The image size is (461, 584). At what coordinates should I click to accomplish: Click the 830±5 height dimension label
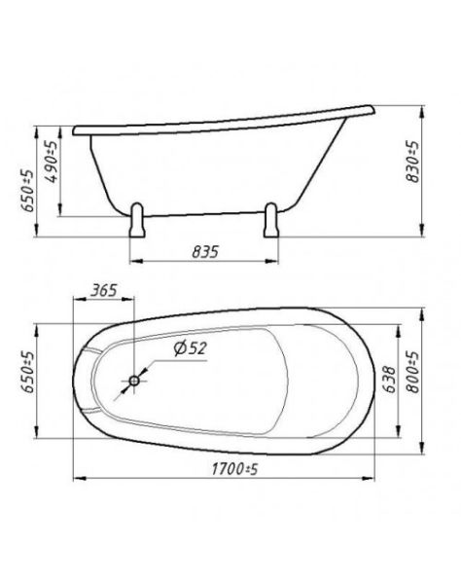(x=412, y=162)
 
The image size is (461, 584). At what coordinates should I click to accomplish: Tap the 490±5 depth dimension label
(x=52, y=162)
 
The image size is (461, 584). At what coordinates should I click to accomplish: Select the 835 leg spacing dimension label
(x=205, y=252)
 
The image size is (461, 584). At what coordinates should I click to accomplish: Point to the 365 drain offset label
(x=104, y=290)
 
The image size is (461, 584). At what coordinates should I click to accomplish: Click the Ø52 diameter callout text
(x=190, y=348)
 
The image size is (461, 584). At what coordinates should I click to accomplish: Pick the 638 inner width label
(x=390, y=380)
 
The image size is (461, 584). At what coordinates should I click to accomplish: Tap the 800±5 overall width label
(x=412, y=372)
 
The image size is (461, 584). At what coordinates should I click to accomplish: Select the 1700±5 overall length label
(x=234, y=469)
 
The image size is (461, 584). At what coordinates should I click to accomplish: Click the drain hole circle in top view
(x=134, y=381)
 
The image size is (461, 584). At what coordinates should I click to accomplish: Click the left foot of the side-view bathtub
(x=136, y=221)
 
